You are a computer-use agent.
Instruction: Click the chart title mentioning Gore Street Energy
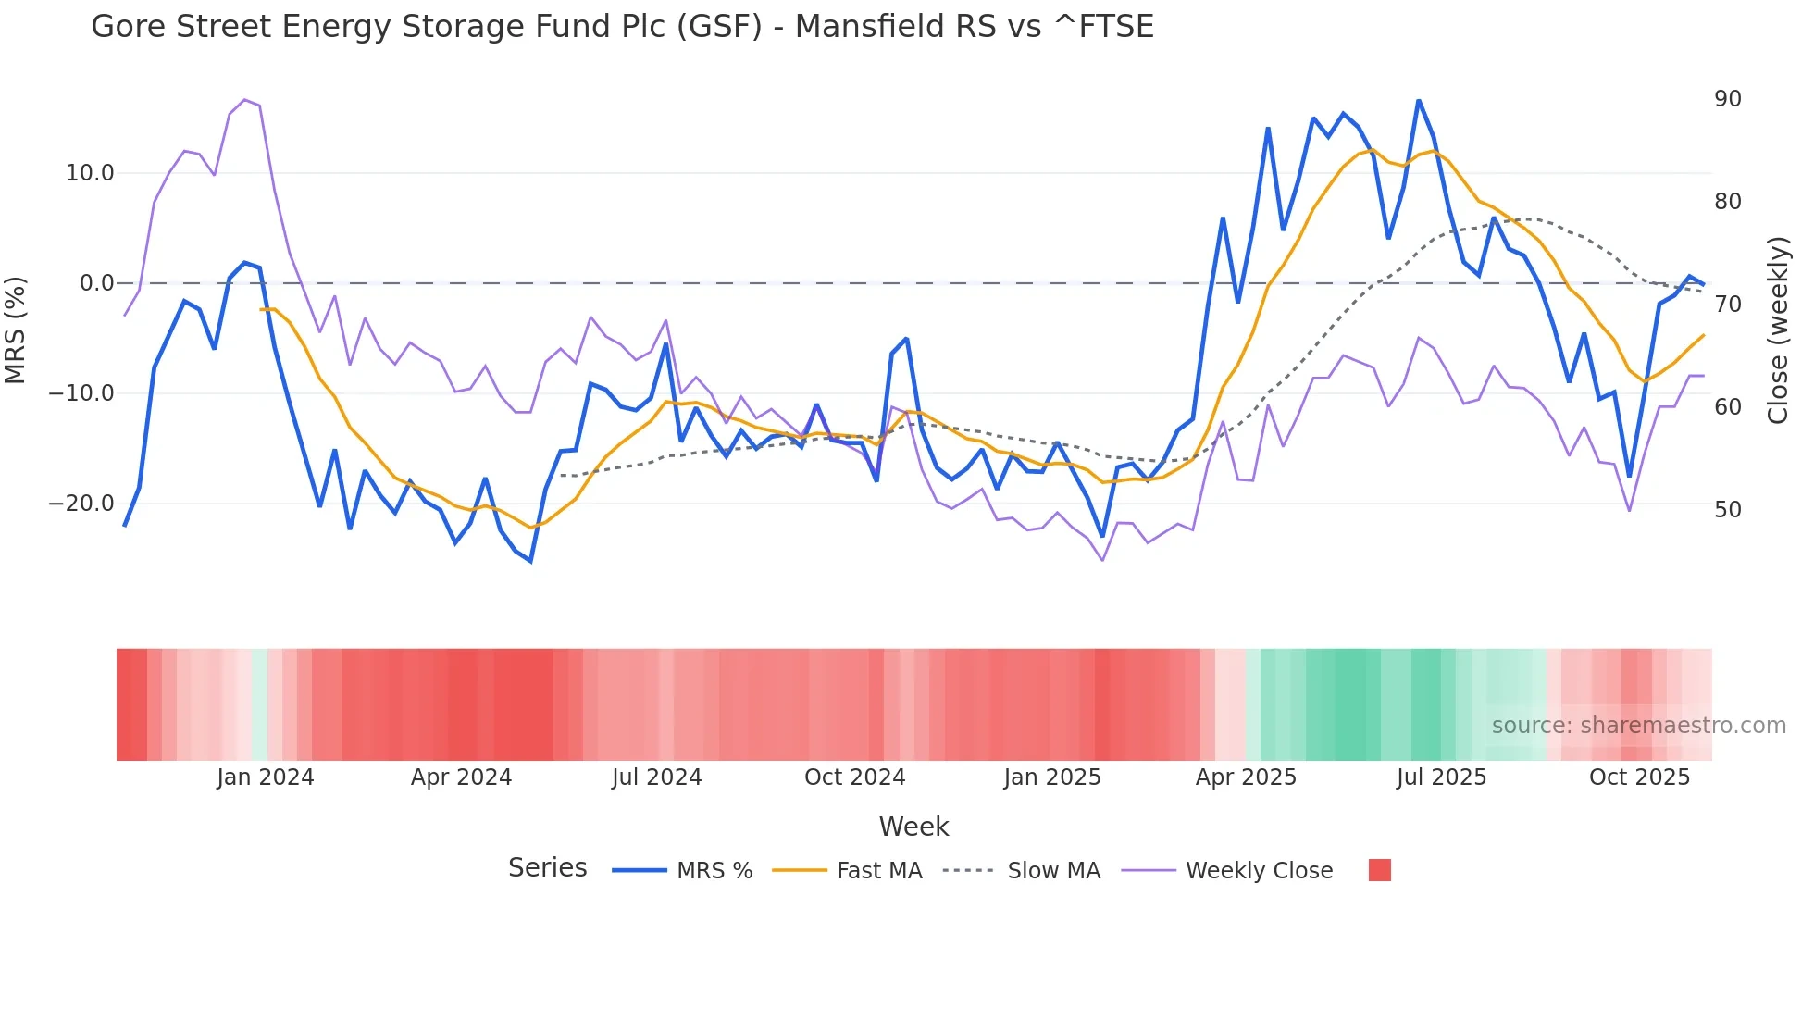click(622, 27)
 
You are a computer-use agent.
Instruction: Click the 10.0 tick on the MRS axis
click(90, 173)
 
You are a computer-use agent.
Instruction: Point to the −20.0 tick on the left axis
click(81, 504)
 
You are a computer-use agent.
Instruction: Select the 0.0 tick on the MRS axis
click(97, 283)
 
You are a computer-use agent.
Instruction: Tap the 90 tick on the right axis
click(1727, 99)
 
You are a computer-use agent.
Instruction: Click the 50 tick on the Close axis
click(1727, 509)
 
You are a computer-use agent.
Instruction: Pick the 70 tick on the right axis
click(1727, 304)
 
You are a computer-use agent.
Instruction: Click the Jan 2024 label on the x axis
click(266, 777)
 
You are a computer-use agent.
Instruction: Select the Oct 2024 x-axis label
click(854, 777)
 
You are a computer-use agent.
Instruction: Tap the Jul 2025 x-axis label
click(1441, 777)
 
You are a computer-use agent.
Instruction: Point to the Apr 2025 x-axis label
click(1246, 777)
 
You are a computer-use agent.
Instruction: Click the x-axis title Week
click(913, 827)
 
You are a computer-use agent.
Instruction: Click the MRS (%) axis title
click(16, 330)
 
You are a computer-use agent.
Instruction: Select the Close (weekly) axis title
click(1778, 330)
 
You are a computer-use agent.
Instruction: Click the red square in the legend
click(1379, 870)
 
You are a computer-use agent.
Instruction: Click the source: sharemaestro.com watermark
click(1638, 726)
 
